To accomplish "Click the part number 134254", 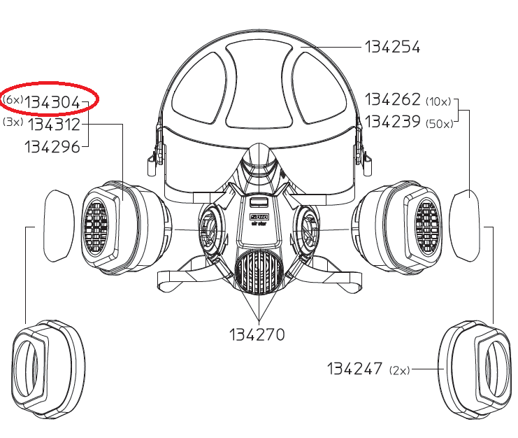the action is [392, 47].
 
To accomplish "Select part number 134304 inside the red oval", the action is [52, 102].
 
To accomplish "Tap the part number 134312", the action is [55, 125].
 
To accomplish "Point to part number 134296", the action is [52, 147].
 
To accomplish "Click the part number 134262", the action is [392, 99].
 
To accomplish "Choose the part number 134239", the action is [392, 122].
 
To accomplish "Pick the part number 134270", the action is [257, 334].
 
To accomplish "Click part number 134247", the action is [354, 369].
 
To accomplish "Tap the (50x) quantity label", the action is [440, 124].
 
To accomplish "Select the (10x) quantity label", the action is [438, 102].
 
